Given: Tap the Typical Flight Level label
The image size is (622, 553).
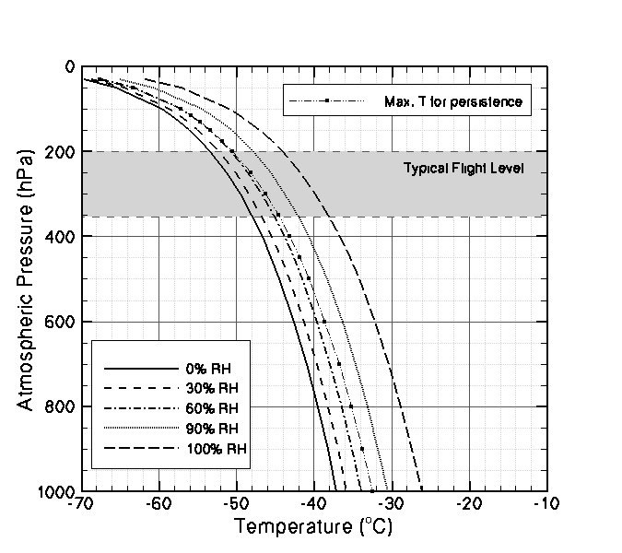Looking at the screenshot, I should [x=464, y=169].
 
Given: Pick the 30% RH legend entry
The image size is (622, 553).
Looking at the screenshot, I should [x=211, y=387].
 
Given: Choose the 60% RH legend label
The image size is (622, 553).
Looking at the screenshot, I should [x=211, y=407].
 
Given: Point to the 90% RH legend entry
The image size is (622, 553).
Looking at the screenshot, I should [x=211, y=428].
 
